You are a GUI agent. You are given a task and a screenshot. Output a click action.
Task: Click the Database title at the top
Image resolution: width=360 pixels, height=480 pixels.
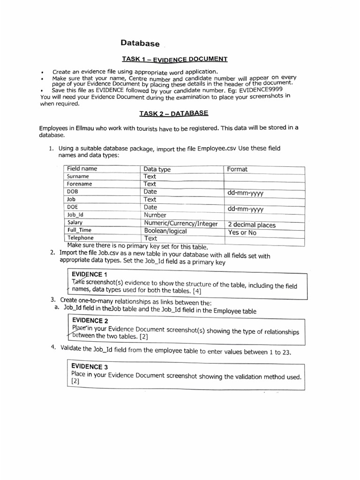coord(140,43)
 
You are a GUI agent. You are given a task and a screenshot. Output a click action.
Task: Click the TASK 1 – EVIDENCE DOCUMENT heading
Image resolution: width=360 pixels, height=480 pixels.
coord(174,59)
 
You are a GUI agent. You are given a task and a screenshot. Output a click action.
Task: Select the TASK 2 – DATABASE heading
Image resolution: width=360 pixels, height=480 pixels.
coord(173,113)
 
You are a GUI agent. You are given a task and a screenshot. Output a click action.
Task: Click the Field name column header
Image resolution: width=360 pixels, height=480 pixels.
coord(82,169)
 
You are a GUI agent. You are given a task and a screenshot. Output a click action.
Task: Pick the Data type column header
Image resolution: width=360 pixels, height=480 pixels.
coord(157,169)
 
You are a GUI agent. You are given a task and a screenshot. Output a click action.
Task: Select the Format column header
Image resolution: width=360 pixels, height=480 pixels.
coord(237,169)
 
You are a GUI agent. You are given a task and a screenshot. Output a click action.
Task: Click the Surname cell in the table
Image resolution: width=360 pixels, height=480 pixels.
coord(78,177)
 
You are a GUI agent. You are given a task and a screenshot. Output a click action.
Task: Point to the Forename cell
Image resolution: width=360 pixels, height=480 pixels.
coord(80,184)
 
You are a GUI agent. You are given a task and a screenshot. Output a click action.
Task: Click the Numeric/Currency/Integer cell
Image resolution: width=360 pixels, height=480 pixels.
coord(180,224)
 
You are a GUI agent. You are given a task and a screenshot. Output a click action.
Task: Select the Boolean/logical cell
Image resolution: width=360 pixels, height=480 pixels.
coord(165,231)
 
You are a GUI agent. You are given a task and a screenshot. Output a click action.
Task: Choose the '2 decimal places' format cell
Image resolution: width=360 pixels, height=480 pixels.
coord(252,225)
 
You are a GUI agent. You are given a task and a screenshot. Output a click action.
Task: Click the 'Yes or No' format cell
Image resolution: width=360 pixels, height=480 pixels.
coord(242,232)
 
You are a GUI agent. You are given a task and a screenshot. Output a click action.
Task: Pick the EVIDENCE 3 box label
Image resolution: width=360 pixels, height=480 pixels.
coord(90,367)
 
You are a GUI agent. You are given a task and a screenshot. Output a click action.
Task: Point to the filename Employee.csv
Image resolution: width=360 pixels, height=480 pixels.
coord(217,149)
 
